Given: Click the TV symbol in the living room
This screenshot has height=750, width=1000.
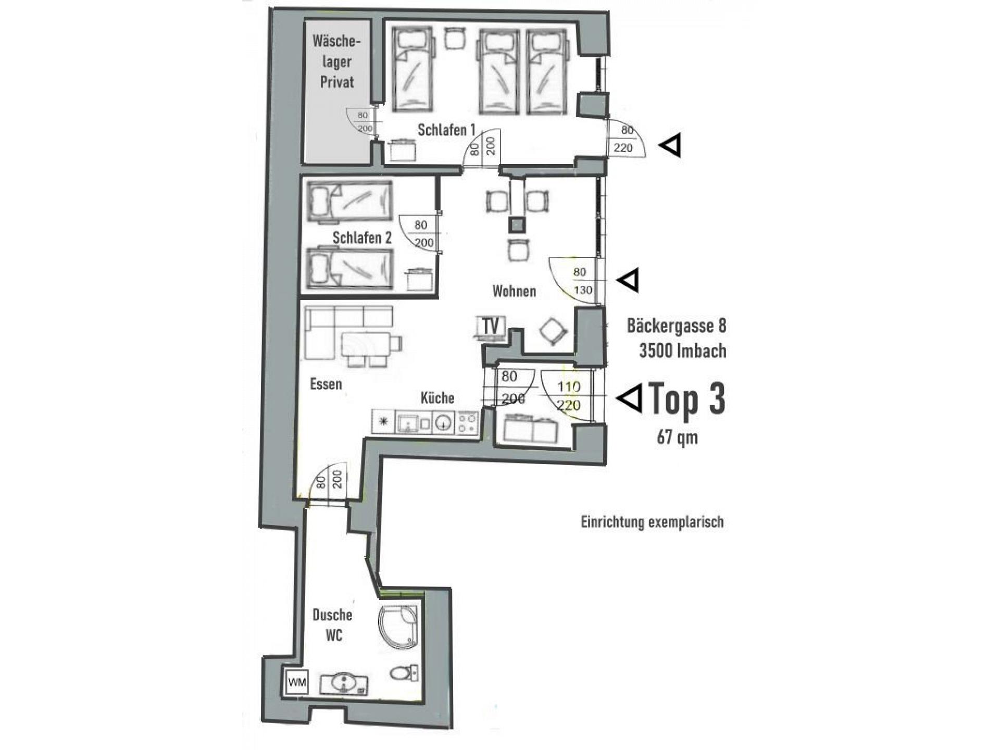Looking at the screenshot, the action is point(491,327).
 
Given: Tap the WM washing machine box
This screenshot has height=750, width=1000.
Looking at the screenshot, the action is point(297,682).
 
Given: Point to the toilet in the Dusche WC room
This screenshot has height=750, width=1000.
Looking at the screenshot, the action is point(404,672).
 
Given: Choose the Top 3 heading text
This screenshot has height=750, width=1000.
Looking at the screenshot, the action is point(687,399).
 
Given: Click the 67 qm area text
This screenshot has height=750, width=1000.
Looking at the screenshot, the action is point(677,436).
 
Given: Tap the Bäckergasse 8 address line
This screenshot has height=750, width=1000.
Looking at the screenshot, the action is point(677,326).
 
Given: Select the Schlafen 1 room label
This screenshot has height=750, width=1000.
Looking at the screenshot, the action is point(446,130).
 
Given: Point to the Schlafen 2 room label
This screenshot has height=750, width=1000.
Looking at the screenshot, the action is point(362,238).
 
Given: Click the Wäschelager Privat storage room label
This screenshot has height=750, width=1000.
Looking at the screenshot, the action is point(336,61).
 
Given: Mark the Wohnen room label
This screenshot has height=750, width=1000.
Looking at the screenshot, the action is point(514,291).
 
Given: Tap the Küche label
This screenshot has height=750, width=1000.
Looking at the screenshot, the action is point(438,398).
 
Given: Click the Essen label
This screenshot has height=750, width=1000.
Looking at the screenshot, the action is point(326,384).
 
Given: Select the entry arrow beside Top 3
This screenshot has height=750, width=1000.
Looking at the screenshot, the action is point(629,398).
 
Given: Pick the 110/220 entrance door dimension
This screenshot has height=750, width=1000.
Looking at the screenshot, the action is point(568,396).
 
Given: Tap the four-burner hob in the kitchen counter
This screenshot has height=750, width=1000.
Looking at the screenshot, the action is point(467,422).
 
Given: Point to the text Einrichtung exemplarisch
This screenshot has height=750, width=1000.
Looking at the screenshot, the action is point(653,522).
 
